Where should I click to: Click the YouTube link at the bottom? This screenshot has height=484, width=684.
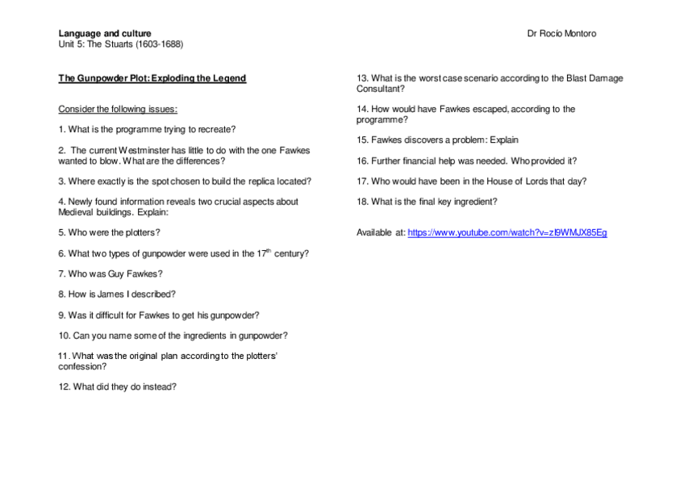click(x=507, y=232)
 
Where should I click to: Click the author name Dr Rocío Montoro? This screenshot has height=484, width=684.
click(x=561, y=34)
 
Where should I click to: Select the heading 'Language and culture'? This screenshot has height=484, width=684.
click(x=104, y=34)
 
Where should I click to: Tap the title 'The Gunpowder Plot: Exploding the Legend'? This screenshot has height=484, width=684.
click(x=152, y=78)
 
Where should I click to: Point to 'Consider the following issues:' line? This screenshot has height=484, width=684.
click(x=118, y=109)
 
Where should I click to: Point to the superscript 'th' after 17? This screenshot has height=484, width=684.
click(x=269, y=251)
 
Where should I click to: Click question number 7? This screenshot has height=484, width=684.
click(x=62, y=274)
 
